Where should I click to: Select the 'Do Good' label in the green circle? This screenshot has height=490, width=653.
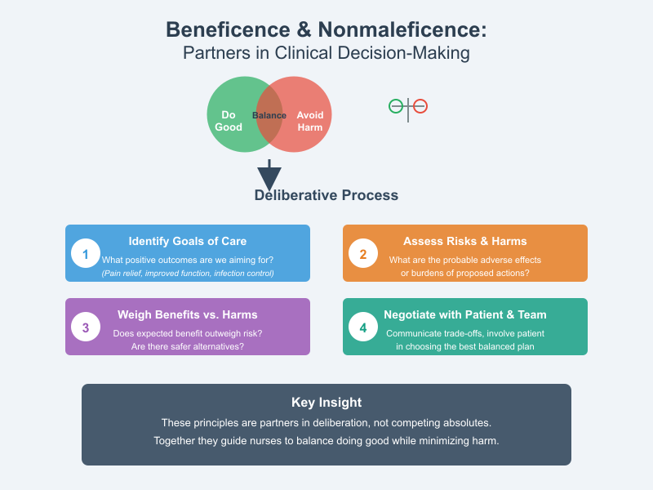229,121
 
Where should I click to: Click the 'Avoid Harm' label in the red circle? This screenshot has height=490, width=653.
310,121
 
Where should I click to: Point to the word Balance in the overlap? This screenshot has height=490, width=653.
269,115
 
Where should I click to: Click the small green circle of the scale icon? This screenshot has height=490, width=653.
396,105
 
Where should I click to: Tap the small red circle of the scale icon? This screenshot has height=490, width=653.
420,105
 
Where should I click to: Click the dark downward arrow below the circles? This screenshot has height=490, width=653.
269,176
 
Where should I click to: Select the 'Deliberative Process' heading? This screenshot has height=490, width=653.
326,195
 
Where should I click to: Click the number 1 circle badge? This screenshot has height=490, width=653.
86,253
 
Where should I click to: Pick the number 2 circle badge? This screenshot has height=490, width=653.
363,253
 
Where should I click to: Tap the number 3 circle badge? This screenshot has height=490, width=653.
86,327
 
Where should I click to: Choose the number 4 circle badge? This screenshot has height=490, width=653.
363,327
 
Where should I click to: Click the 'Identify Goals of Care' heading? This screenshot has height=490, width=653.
188,241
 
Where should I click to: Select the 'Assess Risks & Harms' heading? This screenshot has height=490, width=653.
465,241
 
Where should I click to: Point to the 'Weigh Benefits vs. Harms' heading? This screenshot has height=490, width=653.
188,314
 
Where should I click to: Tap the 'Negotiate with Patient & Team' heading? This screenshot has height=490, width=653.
465,314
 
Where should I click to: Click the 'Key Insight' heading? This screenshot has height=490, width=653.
326,402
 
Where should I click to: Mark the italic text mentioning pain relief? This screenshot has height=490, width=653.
188,273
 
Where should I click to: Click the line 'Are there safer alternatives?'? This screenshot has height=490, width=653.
188,346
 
